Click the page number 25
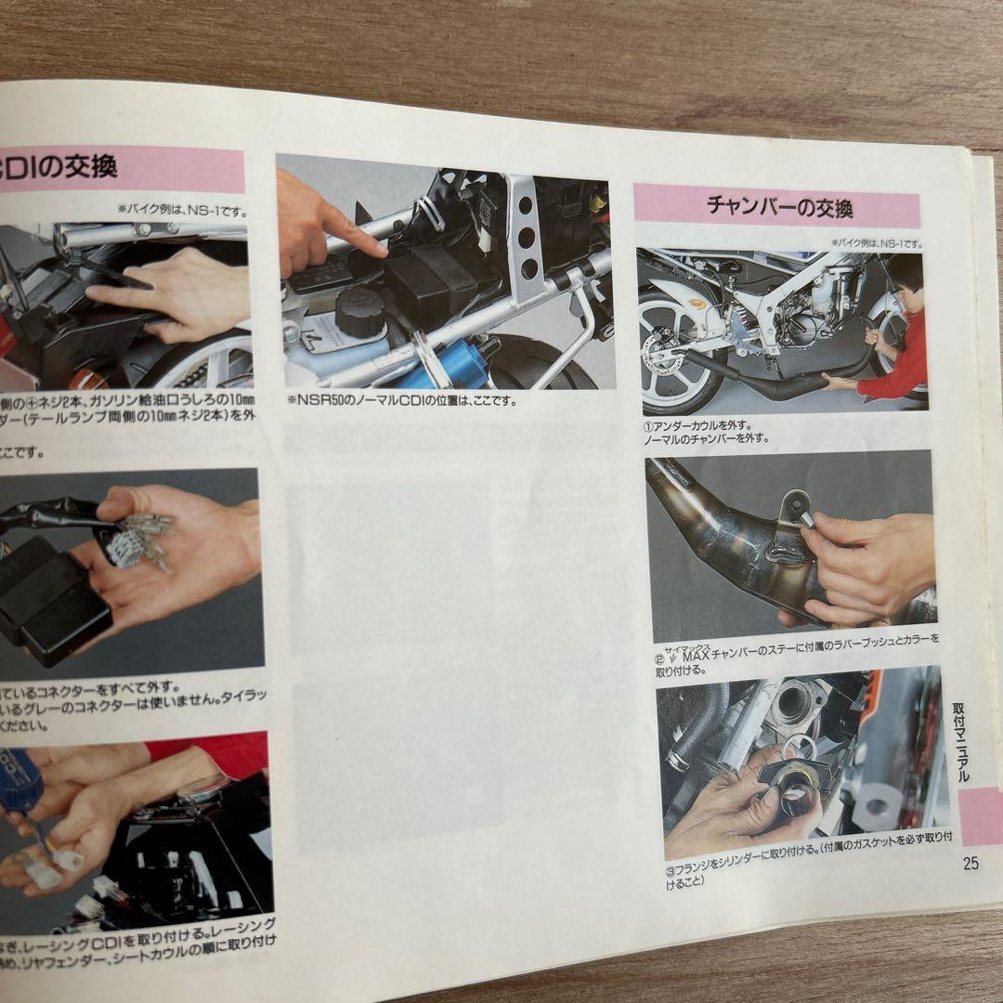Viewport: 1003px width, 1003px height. click(970, 863)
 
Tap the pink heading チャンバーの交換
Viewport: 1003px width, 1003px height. click(778, 205)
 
